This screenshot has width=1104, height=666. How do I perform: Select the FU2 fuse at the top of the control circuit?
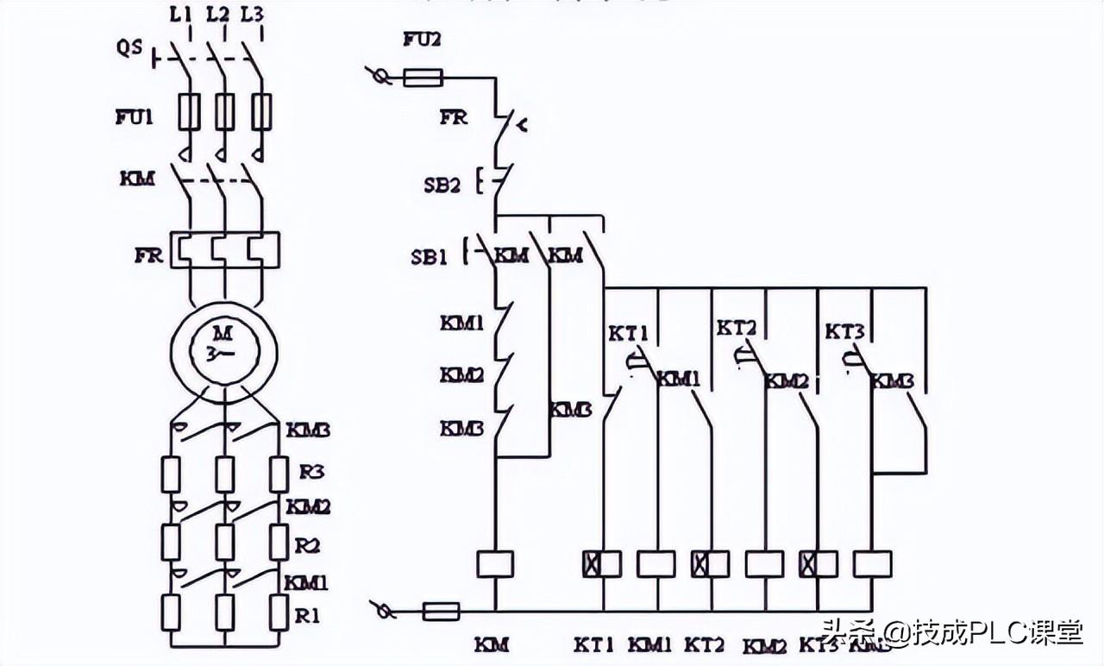pos(423,79)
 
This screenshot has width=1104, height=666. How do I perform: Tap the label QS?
pos(130,48)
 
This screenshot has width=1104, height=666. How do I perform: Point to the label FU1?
pos(134,116)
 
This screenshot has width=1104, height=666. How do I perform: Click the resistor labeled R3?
pos(278,474)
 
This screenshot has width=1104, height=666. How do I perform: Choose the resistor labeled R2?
pos(278,543)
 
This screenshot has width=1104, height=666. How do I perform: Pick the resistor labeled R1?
pos(278,612)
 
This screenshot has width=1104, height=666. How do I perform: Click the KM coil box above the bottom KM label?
pos(495,564)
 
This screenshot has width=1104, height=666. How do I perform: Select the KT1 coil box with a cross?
pos(602,563)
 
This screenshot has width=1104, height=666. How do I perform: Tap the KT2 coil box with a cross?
pos(710,564)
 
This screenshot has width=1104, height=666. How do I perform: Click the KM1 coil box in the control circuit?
pos(656,564)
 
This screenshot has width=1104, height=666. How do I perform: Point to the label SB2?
pos(442,184)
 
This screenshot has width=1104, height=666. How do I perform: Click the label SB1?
pos(429,256)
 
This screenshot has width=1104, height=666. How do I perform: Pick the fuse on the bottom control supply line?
pos(441,612)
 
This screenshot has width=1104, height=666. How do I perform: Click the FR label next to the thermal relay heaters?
pos(148,256)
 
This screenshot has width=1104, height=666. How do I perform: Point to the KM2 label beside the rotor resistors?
pos(308,506)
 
